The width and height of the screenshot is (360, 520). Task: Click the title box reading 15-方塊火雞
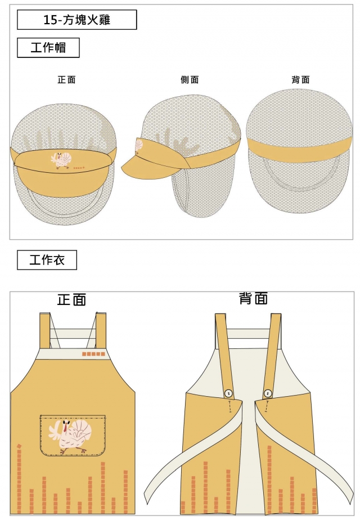coord(77,20)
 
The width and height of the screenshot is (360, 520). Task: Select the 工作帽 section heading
coord(48,48)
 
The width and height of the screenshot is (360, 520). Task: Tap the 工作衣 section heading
coord(47,260)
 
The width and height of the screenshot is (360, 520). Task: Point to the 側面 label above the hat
coord(190,80)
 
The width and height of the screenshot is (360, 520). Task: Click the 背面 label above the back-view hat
coord(300,80)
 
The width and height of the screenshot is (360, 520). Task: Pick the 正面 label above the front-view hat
coord(66,80)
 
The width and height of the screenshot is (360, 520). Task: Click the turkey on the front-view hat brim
coord(62,160)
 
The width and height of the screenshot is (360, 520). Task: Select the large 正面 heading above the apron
coord(71,299)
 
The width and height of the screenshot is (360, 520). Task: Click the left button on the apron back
coord(229,393)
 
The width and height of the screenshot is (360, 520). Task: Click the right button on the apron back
coord(268,393)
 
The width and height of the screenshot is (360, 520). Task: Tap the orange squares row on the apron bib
coord(93,354)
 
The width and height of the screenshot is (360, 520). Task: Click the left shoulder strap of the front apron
coord(44,330)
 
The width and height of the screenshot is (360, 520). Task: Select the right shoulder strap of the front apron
coord(101,330)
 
